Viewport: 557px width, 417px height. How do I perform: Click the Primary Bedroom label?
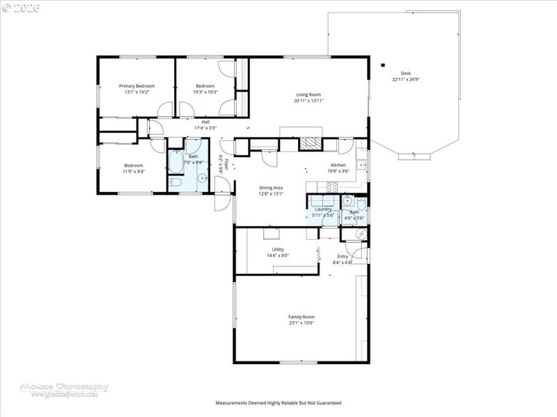click(136, 85)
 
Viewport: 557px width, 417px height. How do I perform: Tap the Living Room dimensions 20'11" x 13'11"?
click(308, 101)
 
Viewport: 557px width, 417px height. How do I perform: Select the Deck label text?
click(405, 74)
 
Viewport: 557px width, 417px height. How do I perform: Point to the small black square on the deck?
click(382, 65)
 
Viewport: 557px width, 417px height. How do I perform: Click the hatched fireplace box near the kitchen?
click(310, 144)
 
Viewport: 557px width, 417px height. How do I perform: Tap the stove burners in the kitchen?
click(332, 186)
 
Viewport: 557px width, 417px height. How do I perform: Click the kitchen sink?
click(361, 165)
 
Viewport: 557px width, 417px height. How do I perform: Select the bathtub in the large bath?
click(175, 164)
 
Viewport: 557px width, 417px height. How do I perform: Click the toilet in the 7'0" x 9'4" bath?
click(175, 183)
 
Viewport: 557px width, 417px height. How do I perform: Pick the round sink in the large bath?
click(203, 179)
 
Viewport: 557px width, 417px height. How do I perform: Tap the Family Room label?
click(301, 317)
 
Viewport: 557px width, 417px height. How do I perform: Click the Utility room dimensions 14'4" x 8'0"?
click(278, 256)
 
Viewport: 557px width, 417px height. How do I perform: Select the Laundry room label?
click(323, 209)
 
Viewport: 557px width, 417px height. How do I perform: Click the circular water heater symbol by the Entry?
click(359, 234)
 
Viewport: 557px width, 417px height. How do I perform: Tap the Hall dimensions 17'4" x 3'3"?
click(205, 128)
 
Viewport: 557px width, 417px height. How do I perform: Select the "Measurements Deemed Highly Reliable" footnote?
click(278, 403)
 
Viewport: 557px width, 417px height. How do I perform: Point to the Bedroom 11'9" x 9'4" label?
click(134, 165)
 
